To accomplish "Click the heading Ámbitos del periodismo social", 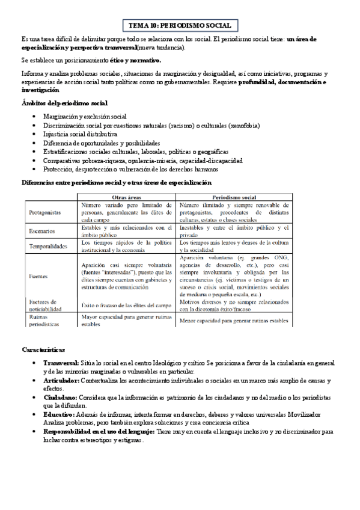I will tap(64, 103).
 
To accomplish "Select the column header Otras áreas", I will tap(127, 197).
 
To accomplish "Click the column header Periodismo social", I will tap(234, 197).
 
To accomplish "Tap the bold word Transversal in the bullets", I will tap(61, 363).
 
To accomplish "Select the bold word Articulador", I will tap(61, 381).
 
